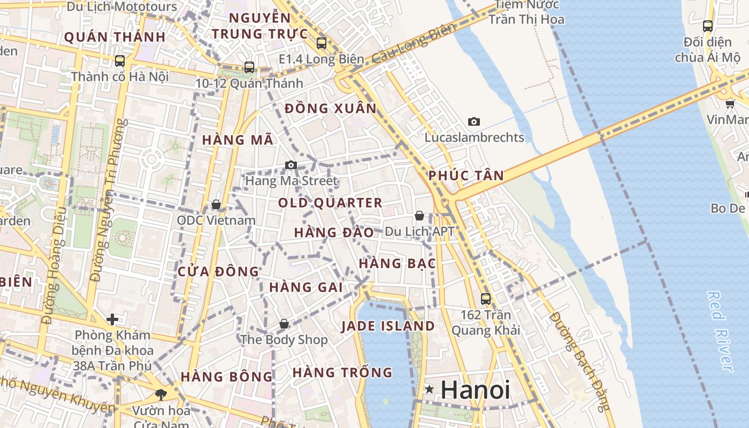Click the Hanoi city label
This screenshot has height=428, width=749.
[475, 389]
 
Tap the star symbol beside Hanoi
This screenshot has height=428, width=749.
[429, 389]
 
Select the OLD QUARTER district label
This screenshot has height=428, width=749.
[330, 203]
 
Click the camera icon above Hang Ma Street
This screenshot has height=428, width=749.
[291, 165]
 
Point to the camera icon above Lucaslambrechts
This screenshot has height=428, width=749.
[474, 122]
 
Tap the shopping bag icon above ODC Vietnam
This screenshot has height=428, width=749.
[216, 204]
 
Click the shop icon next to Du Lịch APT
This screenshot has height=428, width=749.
[419, 216]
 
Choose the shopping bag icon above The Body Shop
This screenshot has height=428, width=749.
[284, 324]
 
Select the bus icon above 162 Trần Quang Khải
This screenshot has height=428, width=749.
[486, 299]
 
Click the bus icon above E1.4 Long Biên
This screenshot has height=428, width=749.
[322, 43]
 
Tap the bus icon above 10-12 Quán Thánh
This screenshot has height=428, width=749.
[249, 67]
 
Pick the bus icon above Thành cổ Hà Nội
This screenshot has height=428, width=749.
[120, 61]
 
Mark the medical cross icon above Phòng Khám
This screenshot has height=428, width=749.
[112, 320]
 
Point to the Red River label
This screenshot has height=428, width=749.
[720, 331]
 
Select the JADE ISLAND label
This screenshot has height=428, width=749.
[388, 326]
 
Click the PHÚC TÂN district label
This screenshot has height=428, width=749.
[467, 175]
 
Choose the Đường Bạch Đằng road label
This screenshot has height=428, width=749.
[579, 362]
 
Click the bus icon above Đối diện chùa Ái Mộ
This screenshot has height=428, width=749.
[708, 26]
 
